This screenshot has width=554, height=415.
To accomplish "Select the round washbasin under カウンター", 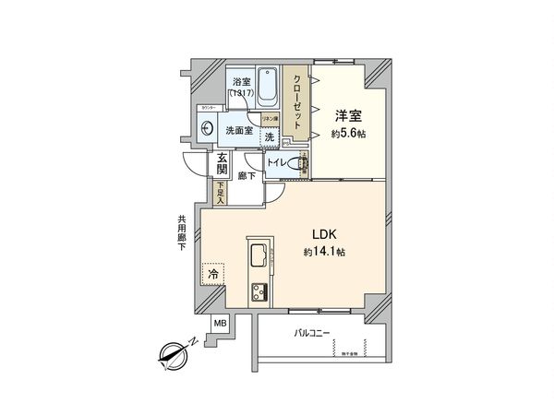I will pyautogui.click(x=206, y=130).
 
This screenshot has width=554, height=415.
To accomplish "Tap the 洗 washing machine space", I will pyautogui.click(x=269, y=137).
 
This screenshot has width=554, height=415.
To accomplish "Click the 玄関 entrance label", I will pyautogui.click(x=223, y=164).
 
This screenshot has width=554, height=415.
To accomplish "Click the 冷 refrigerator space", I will pyautogui.click(x=213, y=274).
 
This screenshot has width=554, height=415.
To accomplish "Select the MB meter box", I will pyautogui.click(x=221, y=324).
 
